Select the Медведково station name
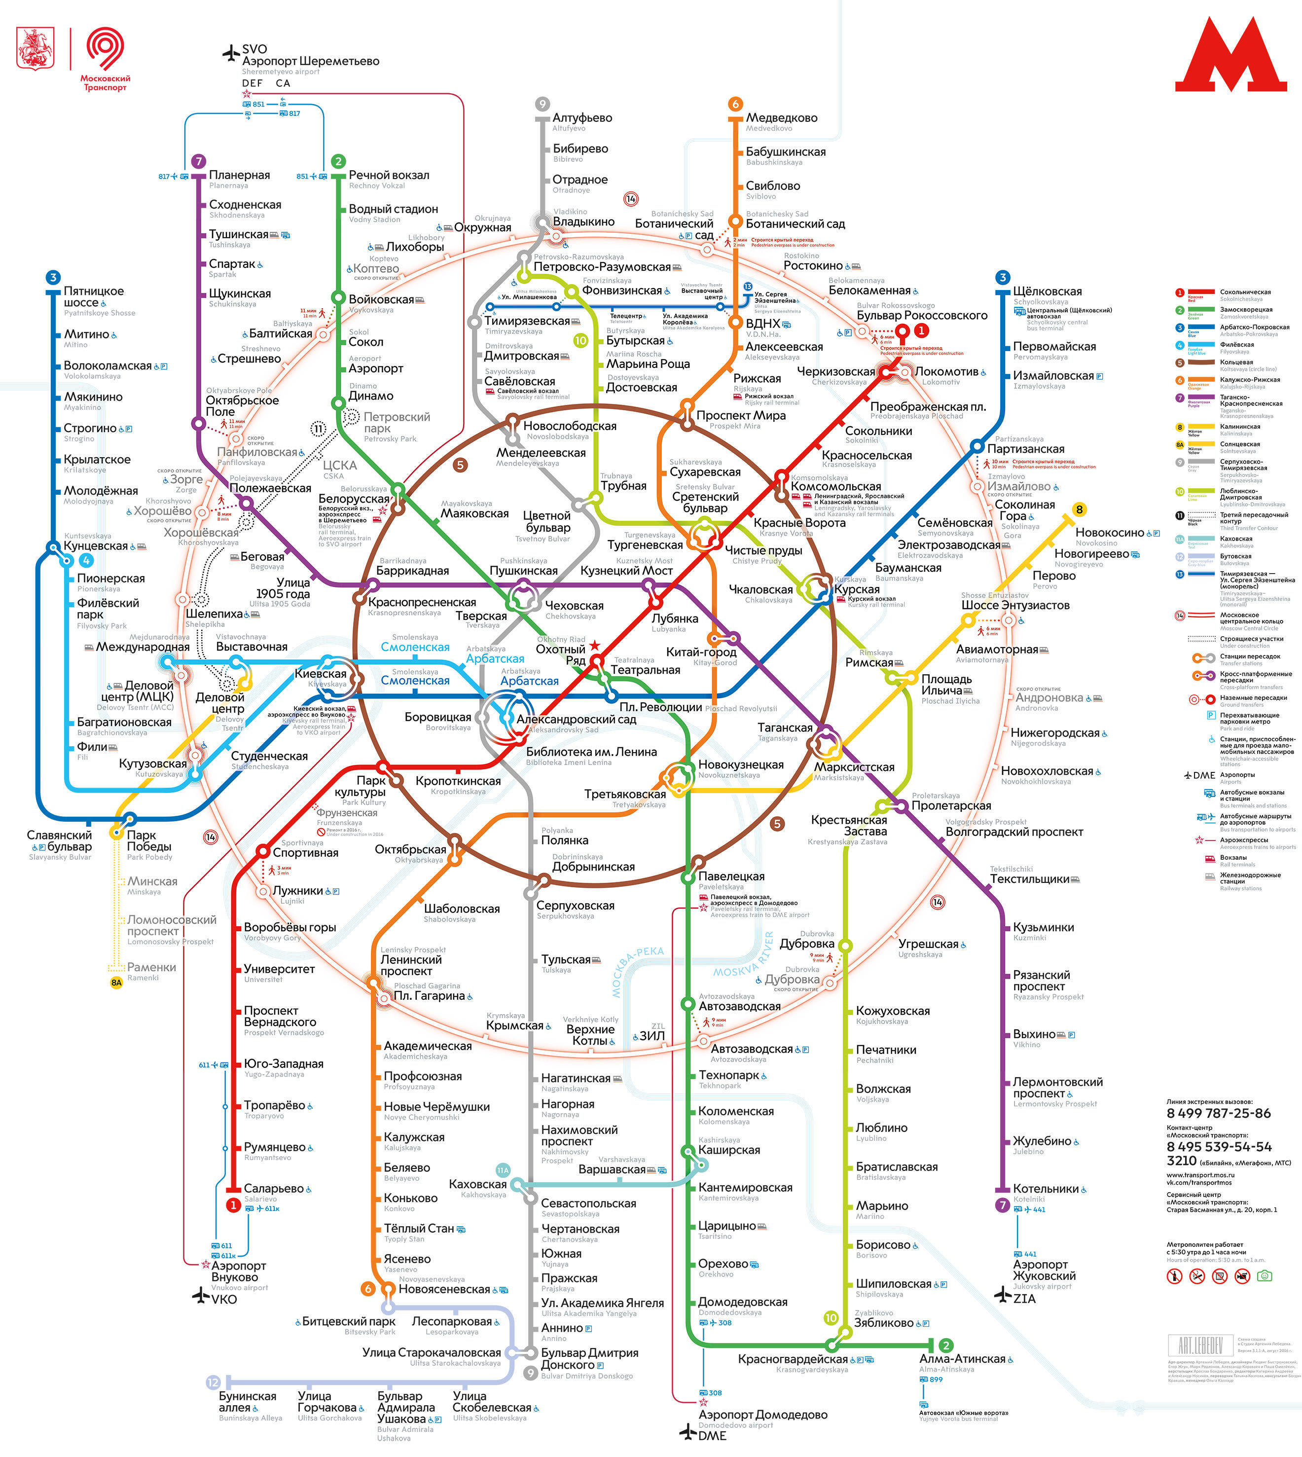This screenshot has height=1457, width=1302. pyautogui.click(x=781, y=118)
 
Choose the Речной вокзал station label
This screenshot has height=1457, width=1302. pyautogui.click(x=389, y=175)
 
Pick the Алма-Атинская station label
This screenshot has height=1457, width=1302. pyautogui.click(x=962, y=1359)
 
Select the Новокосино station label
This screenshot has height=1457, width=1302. pyautogui.click(x=1110, y=533)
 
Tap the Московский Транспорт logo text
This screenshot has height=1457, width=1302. pyautogui.click(x=105, y=83)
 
